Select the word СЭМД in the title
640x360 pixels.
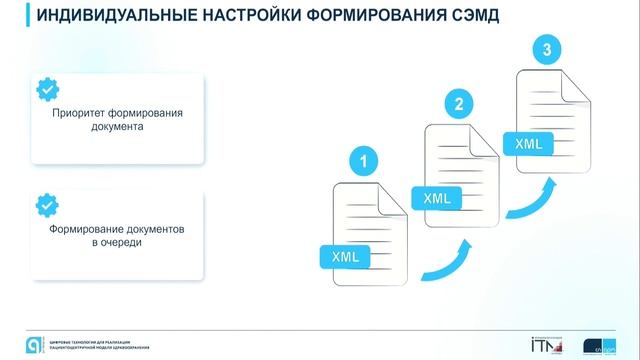coord(470,18)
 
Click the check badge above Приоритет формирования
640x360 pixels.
coord(47,89)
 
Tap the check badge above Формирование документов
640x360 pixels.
coord(47,206)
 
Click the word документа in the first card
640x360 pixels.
coord(119,128)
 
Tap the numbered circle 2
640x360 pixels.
coord(458,103)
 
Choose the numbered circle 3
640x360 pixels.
coord(545,48)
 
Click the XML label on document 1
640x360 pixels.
coord(345,257)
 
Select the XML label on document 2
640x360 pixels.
coord(437,198)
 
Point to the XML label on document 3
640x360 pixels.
coord(528,144)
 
